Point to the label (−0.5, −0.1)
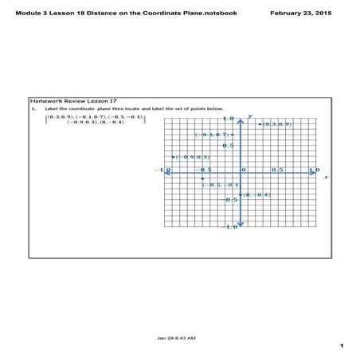pyautogui.click(x=219, y=185)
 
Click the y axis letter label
pyautogui.click(x=250, y=117)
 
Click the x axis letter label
pyautogui.click(x=326, y=178)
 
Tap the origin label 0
pyautogui.click(x=243, y=170)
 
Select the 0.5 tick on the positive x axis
pyautogui.click(x=276, y=170)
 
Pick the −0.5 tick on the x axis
pyautogui.click(x=205, y=170)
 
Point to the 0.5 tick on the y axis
pyautogui.click(x=228, y=146)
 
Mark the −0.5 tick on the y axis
pyautogui.click(x=230, y=199)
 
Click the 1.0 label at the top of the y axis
pyautogui.click(x=228, y=119)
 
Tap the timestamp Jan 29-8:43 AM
pyautogui.click(x=177, y=338)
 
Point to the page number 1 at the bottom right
pyautogui.click(x=341, y=346)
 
